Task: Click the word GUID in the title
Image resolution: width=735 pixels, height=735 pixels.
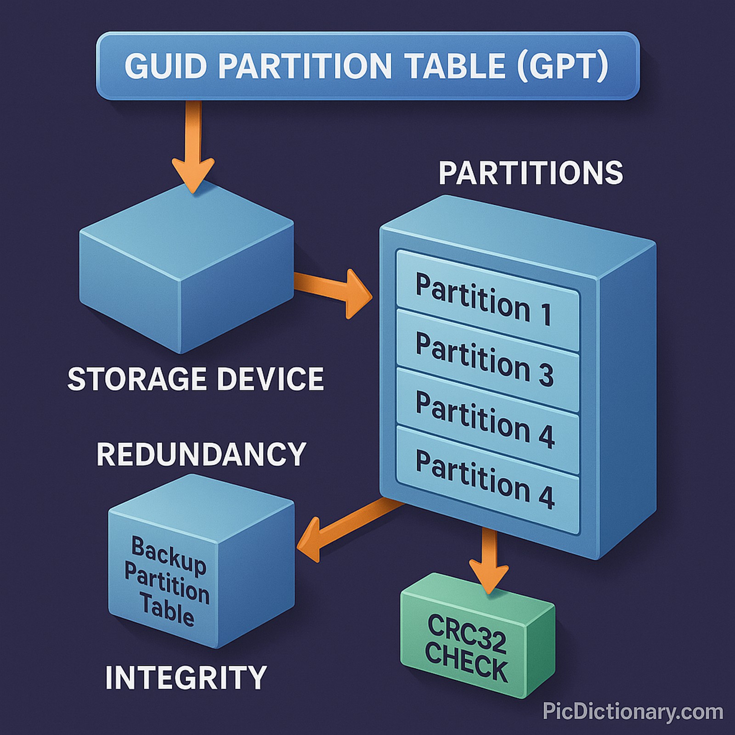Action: (165, 66)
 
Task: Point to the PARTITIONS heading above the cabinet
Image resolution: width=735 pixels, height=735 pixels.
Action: (531, 173)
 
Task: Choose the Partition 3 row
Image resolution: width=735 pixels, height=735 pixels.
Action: (485, 358)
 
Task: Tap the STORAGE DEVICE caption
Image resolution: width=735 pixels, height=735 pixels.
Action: (196, 379)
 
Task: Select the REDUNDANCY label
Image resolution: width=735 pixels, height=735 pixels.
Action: (201, 454)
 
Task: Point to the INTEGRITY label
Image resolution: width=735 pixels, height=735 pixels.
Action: (186, 678)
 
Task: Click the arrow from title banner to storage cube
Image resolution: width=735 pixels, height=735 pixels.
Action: (193, 147)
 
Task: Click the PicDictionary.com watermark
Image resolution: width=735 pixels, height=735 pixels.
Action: (633, 712)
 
